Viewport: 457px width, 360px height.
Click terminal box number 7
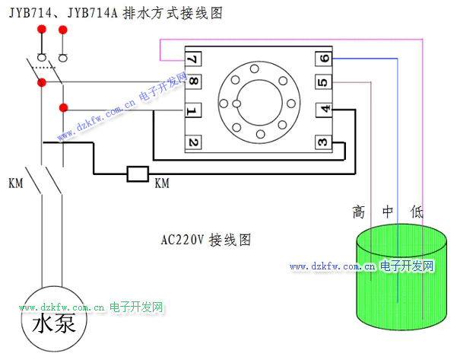193,59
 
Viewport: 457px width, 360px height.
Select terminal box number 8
193,81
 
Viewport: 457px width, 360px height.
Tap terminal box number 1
193,111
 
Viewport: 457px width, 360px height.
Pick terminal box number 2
193,142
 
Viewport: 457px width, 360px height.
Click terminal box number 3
323,142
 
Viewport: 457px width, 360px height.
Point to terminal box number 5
323,82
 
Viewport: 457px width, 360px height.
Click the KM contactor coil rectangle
137,174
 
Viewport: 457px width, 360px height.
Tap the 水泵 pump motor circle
54,323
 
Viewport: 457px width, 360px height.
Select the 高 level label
359,212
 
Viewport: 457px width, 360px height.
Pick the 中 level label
388,212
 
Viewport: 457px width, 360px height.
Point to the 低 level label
417,212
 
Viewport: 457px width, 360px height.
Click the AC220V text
183,240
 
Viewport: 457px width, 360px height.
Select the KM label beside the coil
162,183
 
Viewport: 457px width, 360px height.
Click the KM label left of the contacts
15,183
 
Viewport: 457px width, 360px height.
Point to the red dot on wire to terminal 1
63,107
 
